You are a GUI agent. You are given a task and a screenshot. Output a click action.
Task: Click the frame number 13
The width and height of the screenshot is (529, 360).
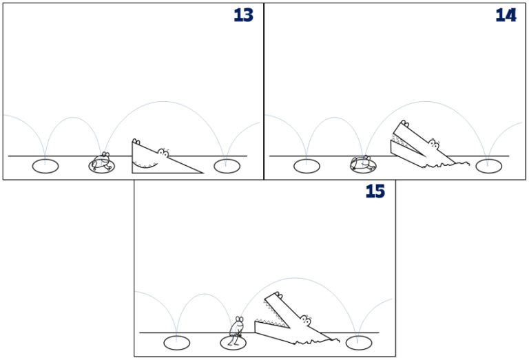click(x=243, y=15)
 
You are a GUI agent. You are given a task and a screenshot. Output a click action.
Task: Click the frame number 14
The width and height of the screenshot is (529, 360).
click(x=506, y=15)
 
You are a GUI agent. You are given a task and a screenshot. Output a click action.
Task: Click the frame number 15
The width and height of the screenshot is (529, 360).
click(x=375, y=191)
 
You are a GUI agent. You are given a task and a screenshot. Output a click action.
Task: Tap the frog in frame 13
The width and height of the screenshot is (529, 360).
click(x=103, y=162)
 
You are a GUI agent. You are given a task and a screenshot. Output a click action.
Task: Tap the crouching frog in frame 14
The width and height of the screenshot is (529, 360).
click(x=363, y=163)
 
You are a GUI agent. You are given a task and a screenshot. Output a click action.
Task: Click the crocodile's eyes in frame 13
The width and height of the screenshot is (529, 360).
click(x=163, y=151)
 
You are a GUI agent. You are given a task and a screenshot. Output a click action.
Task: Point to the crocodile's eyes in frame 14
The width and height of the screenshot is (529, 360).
click(x=433, y=144)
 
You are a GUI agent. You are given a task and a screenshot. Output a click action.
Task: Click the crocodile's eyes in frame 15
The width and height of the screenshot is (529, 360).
click(x=304, y=319)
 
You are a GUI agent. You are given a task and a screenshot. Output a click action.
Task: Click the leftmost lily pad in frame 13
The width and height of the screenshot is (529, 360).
click(x=45, y=166)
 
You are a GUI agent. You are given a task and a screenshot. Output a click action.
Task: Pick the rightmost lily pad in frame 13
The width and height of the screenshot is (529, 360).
click(x=225, y=165)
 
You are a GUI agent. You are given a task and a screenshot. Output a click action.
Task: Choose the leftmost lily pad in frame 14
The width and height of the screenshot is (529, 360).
click(x=307, y=166)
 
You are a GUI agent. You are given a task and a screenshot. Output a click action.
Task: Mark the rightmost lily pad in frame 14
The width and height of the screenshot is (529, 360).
click(x=488, y=166)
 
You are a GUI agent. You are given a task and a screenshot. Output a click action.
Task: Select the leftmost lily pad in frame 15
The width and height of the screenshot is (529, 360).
click(x=176, y=342)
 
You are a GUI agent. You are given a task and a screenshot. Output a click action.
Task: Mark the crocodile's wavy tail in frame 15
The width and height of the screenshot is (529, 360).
click(x=329, y=339)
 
